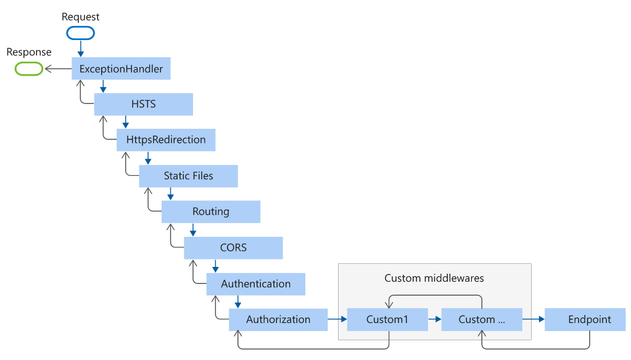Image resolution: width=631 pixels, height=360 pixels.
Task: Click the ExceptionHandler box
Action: [x=121, y=68]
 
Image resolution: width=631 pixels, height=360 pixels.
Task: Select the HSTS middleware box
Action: [x=143, y=104]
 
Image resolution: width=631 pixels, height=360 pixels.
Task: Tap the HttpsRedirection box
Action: [x=166, y=140]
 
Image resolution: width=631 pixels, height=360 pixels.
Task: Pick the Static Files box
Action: [x=188, y=176]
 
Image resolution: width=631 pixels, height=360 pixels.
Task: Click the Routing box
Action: [x=211, y=211]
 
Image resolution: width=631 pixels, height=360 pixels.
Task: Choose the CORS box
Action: [x=233, y=248]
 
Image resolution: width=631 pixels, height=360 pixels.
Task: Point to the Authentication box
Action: [x=256, y=284]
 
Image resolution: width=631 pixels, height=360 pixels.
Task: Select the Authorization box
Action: [x=278, y=320]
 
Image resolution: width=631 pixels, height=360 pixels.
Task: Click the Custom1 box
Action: [x=387, y=320]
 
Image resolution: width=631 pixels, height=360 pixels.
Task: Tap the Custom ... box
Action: [x=482, y=320]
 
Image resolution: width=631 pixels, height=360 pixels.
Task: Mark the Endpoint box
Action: [x=585, y=320]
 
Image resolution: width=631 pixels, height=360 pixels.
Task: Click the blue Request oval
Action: [x=80, y=33]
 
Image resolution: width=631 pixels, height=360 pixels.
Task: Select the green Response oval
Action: [x=29, y=69]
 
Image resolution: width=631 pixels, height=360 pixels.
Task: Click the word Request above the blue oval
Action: [x=80, y=17]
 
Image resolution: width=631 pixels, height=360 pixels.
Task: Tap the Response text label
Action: [x=29, y=52]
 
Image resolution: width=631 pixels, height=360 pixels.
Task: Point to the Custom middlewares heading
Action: [x=434, y=279]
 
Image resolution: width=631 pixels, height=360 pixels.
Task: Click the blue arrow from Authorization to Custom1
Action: [x=337, y=319]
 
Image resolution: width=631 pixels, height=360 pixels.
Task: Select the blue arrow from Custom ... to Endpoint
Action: [x=534, y=319]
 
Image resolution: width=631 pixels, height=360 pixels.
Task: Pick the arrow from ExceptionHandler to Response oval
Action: [x=59, y=69]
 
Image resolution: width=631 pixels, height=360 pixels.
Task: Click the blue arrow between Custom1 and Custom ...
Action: [x=435, y=319]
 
